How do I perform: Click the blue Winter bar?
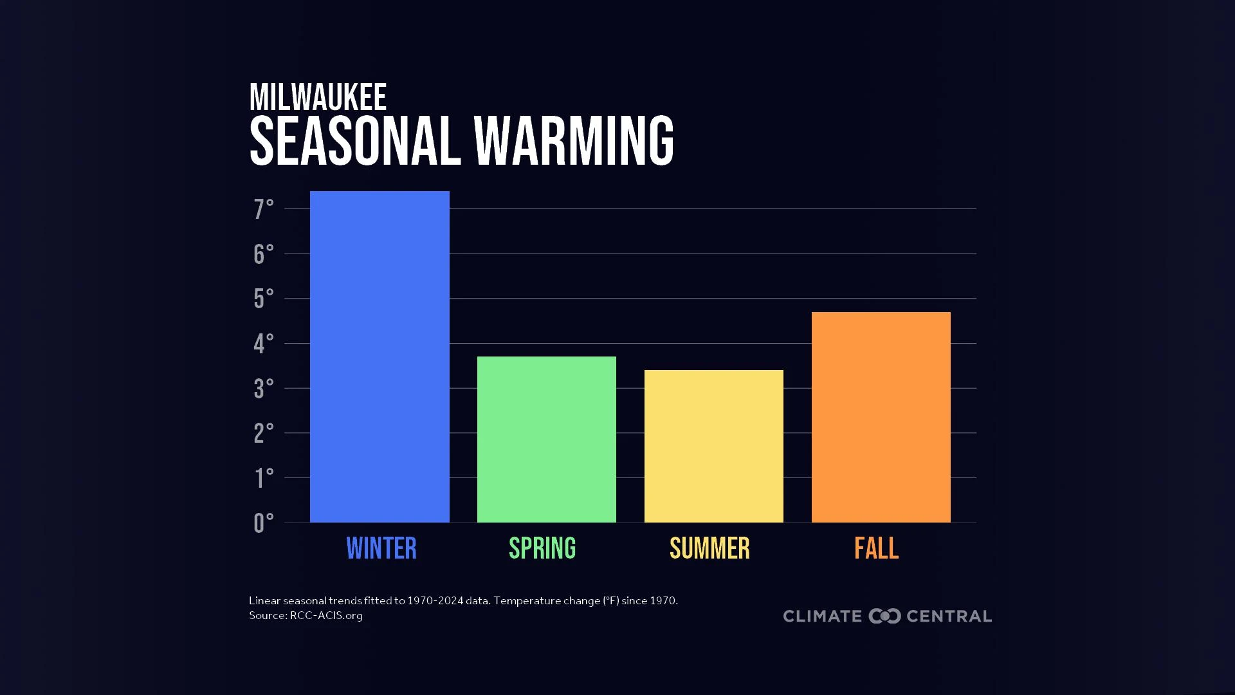point(380,357)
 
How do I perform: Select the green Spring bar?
point(547,440)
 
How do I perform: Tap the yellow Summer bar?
point(713,446)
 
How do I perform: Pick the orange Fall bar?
point(881,417)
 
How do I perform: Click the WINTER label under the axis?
point(381,549)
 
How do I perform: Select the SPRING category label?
point(542,549)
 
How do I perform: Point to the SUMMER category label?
point(709,549)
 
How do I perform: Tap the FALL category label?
point(876,549)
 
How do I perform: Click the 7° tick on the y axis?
point(263,209)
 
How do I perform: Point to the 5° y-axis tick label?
point(263,299)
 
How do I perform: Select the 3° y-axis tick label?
point(263,389)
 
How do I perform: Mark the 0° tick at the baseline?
point(263,523)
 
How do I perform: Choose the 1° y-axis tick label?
point(263,478)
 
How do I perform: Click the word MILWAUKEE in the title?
point(318,98)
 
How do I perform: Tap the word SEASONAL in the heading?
point(355,141)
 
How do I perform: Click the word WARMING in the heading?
point(574,141)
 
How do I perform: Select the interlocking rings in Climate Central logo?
point(884,616)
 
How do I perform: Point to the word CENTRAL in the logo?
point(949,616)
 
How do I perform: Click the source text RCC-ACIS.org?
point(326,616)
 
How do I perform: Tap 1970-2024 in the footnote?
point(435,600)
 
